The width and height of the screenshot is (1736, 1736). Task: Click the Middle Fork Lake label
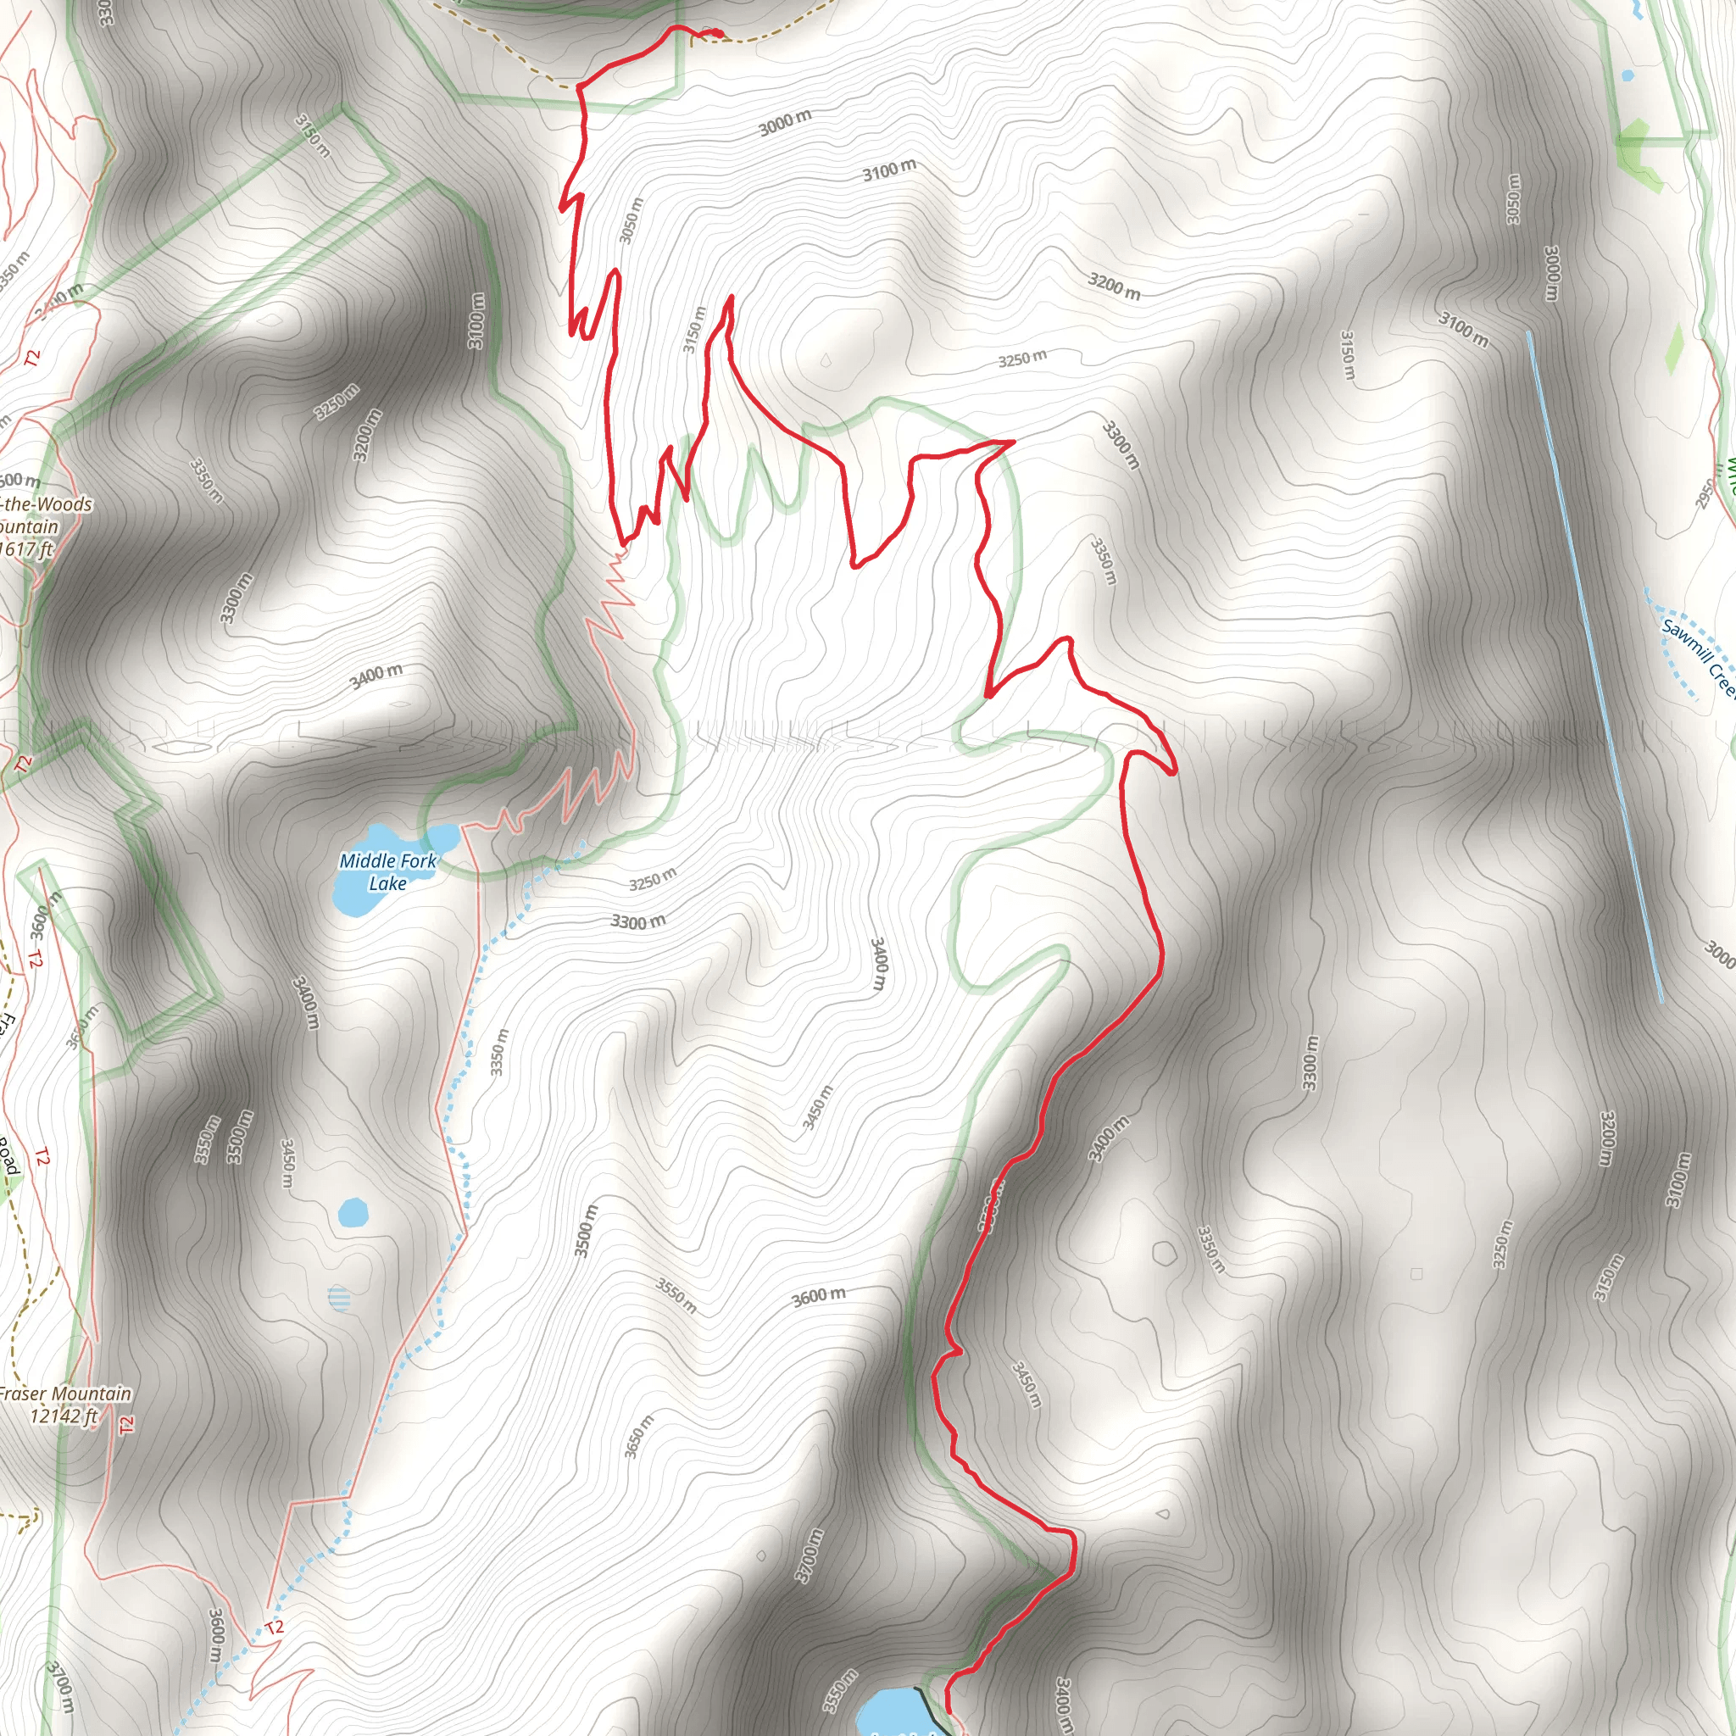(x=387, y=871)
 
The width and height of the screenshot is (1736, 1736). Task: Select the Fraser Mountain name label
(x=64, y=1394)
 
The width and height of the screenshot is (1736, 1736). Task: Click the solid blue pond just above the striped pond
(x=353, y=1213)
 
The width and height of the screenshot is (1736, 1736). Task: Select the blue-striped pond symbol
(x=339, y=1299)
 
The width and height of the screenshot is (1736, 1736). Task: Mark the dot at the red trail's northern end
(x=718, y=34)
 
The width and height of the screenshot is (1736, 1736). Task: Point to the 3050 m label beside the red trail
(x=632, y=220)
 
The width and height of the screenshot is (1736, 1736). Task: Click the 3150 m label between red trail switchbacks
(x=693, y=329)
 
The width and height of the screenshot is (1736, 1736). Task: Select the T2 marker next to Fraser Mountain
(x=125, y=1424)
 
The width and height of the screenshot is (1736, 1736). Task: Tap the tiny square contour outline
(x=1416, y=1273)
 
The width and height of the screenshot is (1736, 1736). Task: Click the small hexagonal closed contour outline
(x=1164, y=1253)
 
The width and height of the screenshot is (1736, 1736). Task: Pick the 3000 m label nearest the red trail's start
(x=784, y=122)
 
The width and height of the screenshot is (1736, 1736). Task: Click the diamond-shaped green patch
(x=1673, y=348)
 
